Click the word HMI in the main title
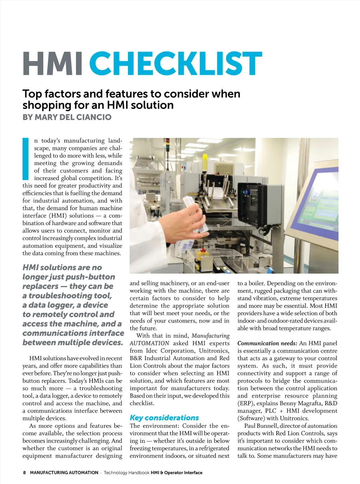coord(53,64)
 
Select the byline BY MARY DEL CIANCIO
coord(67,117)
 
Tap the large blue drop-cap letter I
coord(26,159)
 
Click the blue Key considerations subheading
coord(164,418)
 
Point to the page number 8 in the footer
coord(24,473)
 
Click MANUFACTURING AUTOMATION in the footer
coord(64,473)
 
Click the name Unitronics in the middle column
coord(214,351)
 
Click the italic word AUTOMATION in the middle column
coord(149,343)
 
